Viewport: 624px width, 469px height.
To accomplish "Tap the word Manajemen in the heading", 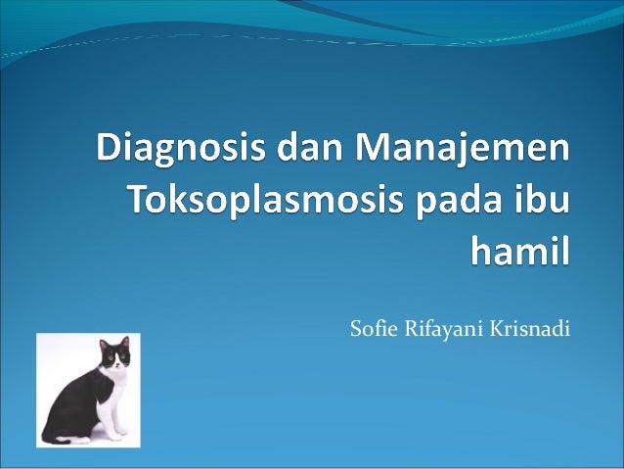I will pyautogui.click(x=467, y=152).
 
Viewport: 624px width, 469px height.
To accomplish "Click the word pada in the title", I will pyautogui.click(x=449, y=201).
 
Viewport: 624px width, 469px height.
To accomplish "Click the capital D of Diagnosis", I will pyautogui.click(x=111, y=152).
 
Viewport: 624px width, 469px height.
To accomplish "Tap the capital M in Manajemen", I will pyautogui.click(x=377, y=152).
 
